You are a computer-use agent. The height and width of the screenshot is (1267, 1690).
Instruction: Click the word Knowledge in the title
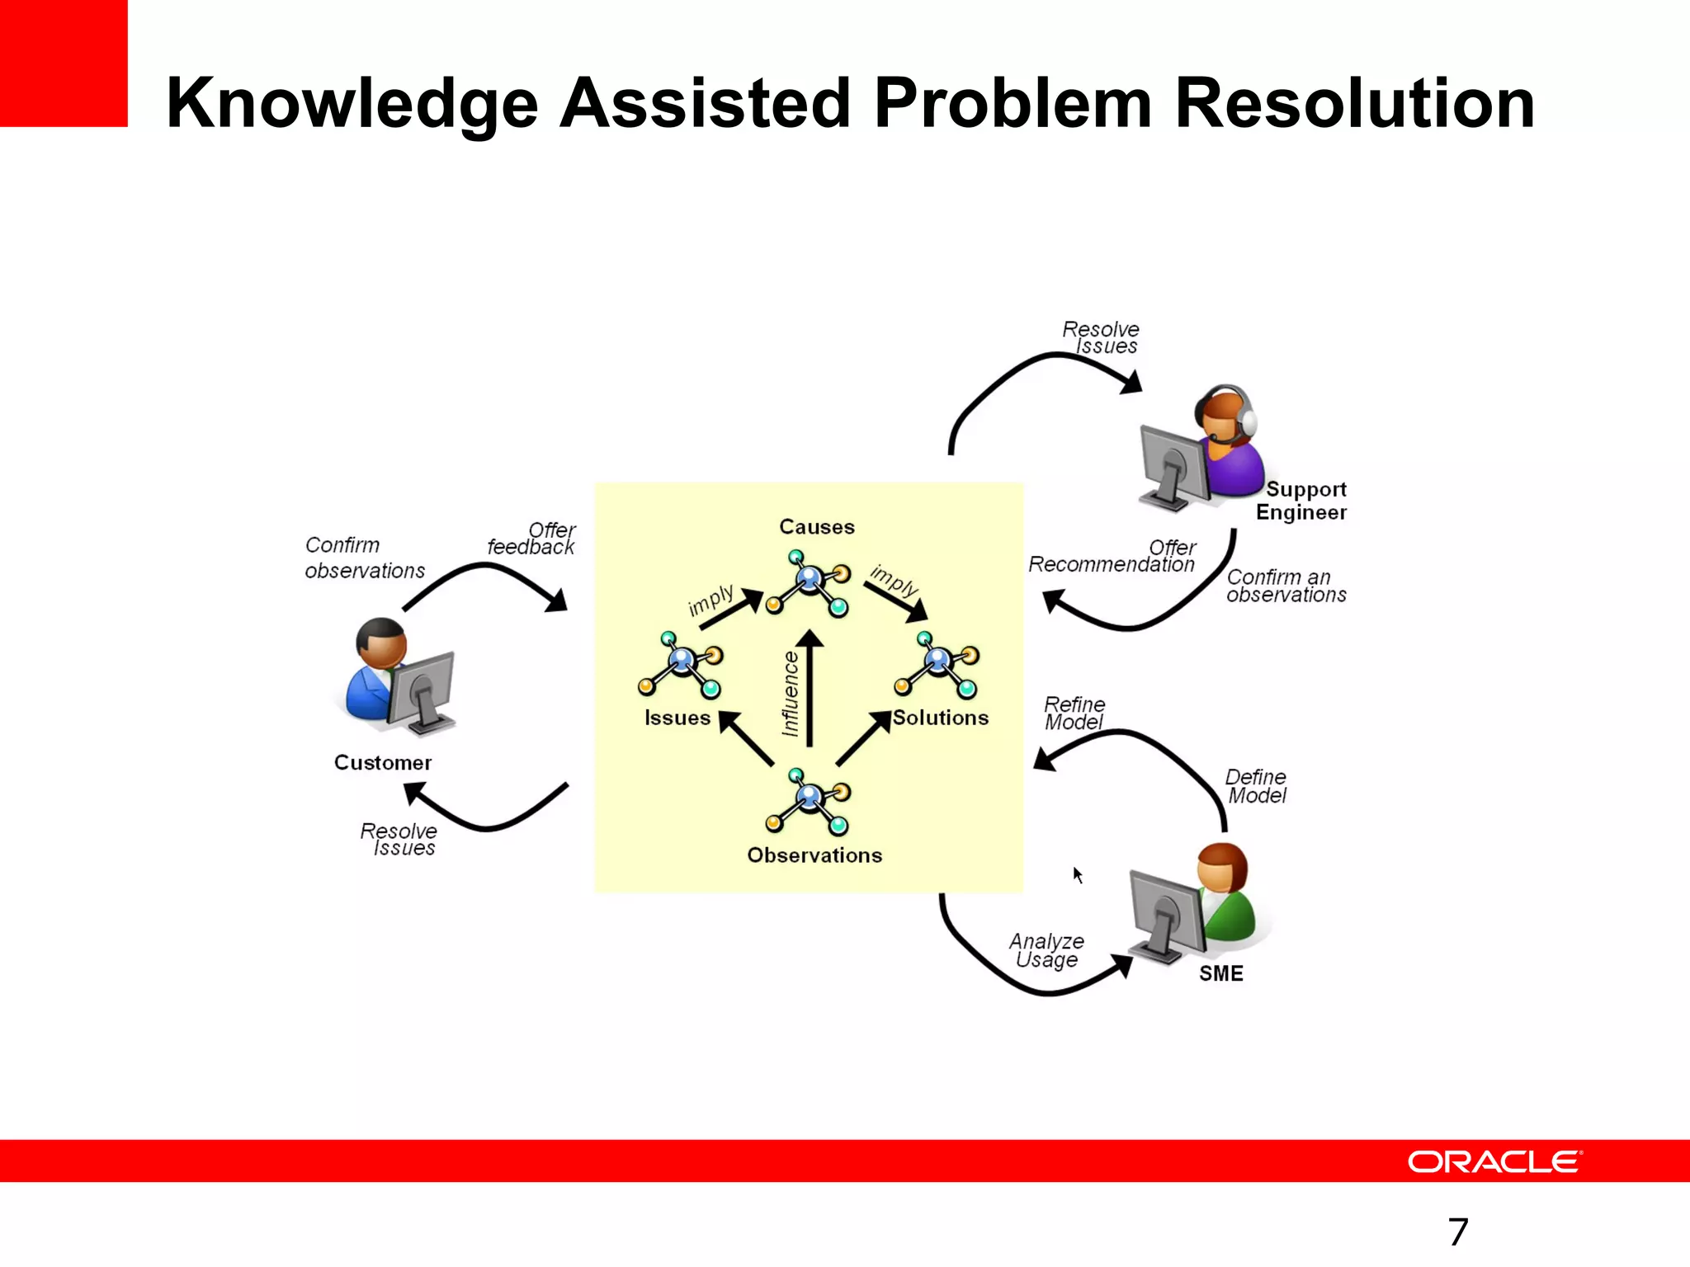point(352,104)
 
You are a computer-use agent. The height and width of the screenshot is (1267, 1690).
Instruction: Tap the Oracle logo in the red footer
point(1494,1161)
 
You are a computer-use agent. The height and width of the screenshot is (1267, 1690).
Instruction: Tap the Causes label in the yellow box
point(816,527)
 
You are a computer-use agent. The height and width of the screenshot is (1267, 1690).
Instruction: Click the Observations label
point(814,855)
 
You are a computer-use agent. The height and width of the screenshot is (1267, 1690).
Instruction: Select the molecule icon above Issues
point(681,664)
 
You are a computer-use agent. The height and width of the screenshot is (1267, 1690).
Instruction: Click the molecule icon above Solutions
point(937,663)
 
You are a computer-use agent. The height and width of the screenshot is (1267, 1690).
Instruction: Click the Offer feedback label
point(532,539)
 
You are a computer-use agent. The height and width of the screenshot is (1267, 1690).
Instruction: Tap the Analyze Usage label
point(1046,950)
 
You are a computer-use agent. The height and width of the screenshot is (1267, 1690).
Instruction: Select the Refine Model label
point(1074,714)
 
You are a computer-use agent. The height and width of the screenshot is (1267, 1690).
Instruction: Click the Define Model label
point(1256,786)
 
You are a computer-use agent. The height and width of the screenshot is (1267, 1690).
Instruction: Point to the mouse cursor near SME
point(1078,874)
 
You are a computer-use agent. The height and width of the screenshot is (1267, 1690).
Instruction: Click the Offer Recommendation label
point(1112,556)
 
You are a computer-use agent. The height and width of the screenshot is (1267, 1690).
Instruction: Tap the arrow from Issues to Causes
point(731,609)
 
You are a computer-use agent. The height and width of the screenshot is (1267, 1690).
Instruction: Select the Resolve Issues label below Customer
point(399,839)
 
